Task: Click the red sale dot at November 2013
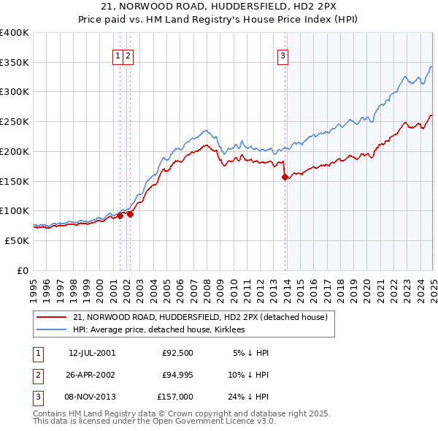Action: [285, 177]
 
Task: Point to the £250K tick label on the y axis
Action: [15, 121]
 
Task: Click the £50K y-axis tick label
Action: [18, 240]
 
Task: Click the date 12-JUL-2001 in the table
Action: [91, 353]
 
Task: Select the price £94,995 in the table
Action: [175, 375]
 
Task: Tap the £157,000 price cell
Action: [175, 397]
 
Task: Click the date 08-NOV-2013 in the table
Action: [91, 397]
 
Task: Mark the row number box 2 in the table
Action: [37, 375]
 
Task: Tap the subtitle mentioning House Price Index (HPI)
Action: [218, 20]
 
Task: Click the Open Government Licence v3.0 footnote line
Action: [155, 421]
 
